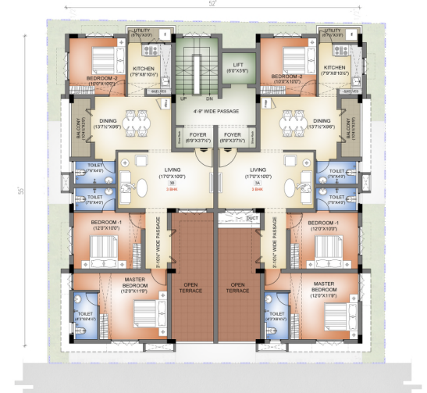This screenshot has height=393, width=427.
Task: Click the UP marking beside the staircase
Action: pyautogui.click(x=183, y=99)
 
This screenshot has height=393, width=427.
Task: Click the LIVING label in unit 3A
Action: pyautogui.click(x=258, y=169)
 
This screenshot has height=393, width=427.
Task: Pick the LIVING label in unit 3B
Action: pyautogui.click(x=172, y=169)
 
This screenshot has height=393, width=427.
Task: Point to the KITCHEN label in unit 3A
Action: pyautogui.click(x=334, y=67)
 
